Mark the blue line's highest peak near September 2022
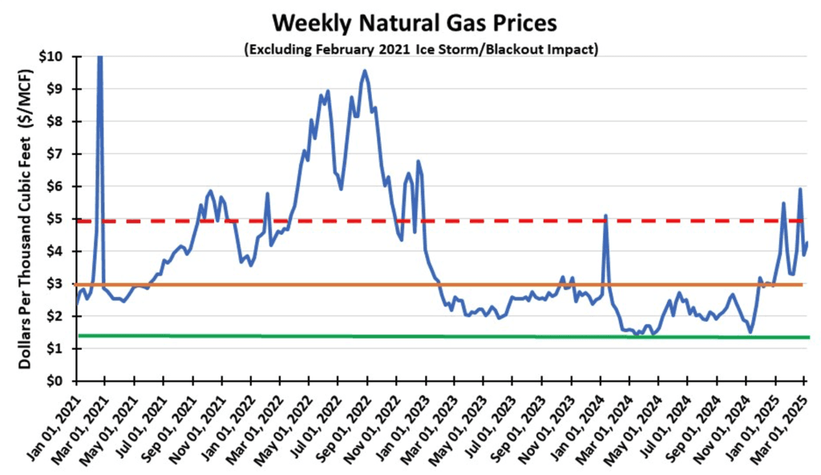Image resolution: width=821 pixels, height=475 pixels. [365, 71]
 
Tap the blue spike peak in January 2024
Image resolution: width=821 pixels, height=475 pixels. [605, 215]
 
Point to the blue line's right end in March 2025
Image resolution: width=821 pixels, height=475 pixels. [807, 243]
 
